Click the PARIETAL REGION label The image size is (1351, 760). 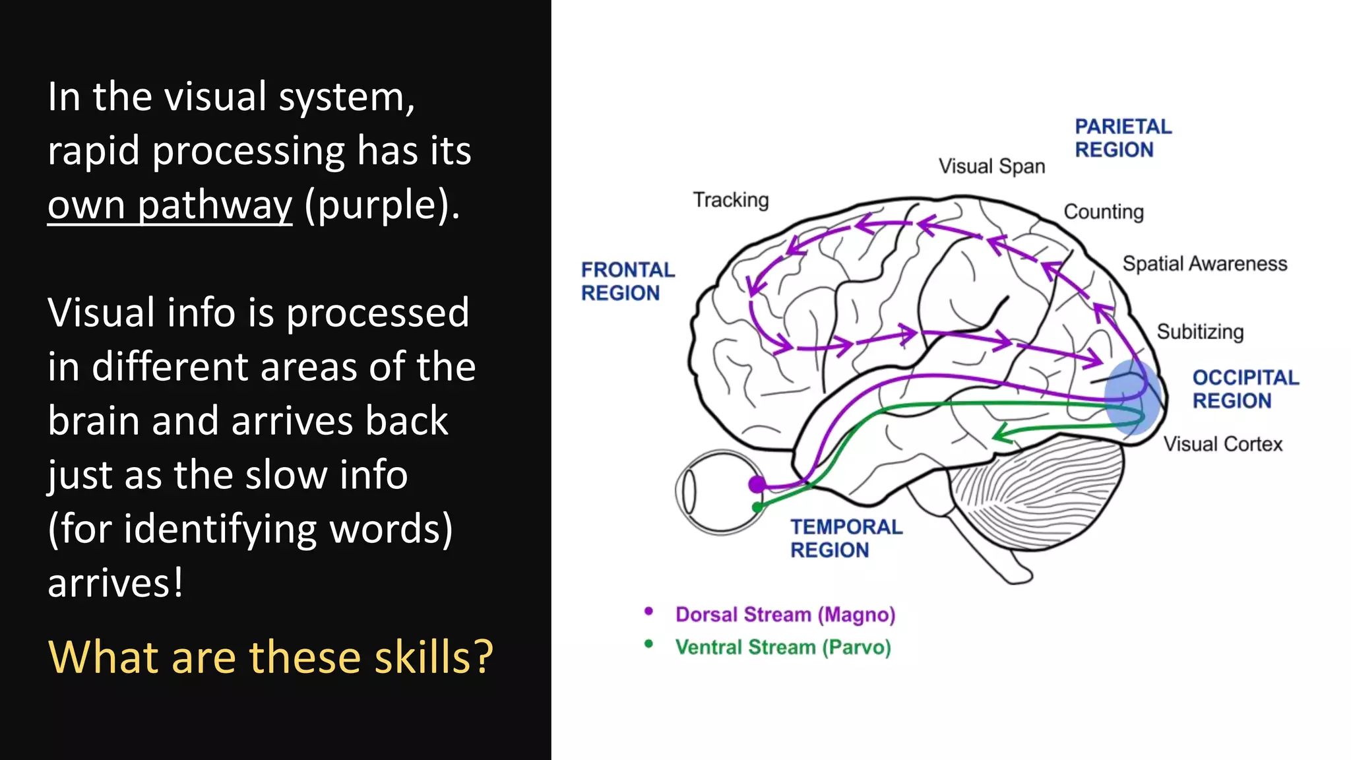(1123, 138)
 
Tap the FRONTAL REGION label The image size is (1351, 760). (627, 281)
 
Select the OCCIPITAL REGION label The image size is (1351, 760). (1245, 389)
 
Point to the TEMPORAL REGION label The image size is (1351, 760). (846, 538)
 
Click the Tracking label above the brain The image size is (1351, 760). (731, 200)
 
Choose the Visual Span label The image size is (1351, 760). (991, 166)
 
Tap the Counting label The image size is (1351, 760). (1104, 212)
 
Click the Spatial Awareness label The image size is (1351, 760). (1205, 264)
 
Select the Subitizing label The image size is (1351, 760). (1200, 331)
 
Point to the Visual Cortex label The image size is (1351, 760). (1222, 444)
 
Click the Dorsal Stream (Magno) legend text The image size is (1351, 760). (785, 615)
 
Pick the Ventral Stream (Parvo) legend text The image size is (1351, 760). (783, 647)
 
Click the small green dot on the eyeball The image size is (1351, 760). (758, 507)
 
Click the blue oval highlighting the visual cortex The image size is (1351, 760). (1132, 396)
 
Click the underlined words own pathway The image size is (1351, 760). (170, 205)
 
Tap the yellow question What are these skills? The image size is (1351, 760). (270, 657)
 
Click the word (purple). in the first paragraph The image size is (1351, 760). (382, 205)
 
